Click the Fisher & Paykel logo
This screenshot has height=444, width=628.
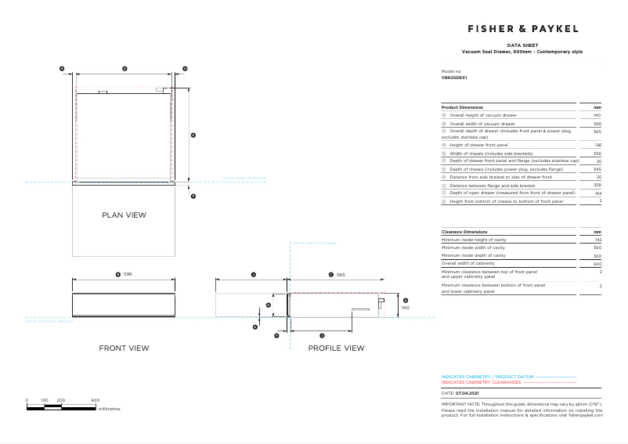click(x=522, y=28)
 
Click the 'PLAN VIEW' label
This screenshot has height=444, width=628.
click(x=124, y=215)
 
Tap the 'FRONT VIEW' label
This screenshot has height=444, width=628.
click(x=124, y=348)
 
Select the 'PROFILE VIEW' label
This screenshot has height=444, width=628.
click(x=336, y=348)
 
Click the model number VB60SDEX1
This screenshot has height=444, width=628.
click(x=453, y=78)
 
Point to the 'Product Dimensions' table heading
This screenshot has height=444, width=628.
click(x=462, y=106)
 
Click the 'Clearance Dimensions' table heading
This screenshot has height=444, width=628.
click(x=464, y=233)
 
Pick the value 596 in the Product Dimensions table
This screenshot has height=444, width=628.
click(x=597, y=124)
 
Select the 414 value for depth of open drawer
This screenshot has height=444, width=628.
click(x=597, y=193)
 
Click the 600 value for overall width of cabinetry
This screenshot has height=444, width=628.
click(x=597, y=264)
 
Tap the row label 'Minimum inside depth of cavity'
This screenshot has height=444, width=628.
click(x=473, y=256)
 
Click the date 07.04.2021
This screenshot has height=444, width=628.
click(x=469, y=392)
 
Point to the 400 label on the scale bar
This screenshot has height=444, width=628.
click(x=95, y=400)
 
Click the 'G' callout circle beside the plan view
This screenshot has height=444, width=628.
click(x=193, y=135)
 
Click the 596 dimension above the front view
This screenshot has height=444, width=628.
click(x=128, y=275)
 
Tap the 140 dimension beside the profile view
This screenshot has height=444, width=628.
click(x=405, y=308)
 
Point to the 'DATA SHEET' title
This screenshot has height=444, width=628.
click(x=522, y=46)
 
